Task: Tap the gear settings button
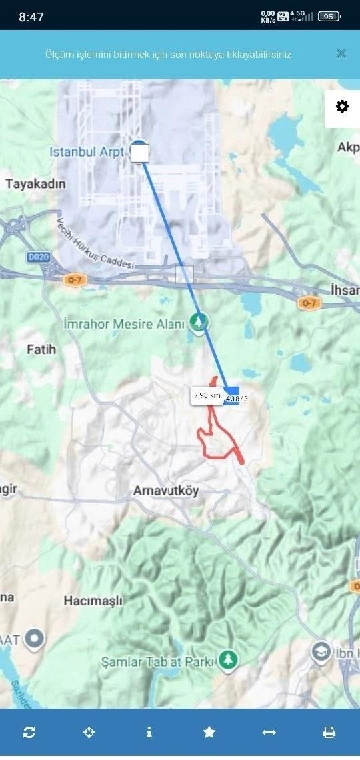[x=342, y=107]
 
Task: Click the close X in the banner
[x=341, y=53]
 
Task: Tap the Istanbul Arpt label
[x=87, y=152]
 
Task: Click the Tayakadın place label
[x=36, y=183]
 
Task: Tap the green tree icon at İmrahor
[x=199, y=323]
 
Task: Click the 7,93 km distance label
[x=207, y=395]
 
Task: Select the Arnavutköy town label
[x=166, y=491]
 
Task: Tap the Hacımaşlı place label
[x=93, y=601]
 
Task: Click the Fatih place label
[x=41, y=349]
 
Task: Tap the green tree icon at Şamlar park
[x=229, y=660]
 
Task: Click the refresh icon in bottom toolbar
[x=29, y=732]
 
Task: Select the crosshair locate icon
[x=89, y=732]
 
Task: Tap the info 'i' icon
[x=149, y=732]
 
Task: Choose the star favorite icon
[x=209, y=732]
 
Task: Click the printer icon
[x=329, y=732]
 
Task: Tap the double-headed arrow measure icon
[x=269, y=732]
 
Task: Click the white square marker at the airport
[x=140, y=153]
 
